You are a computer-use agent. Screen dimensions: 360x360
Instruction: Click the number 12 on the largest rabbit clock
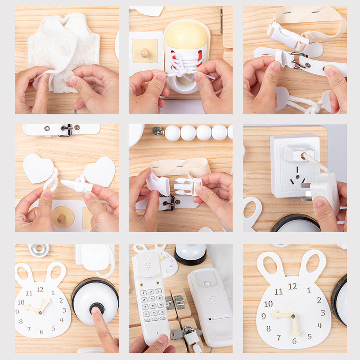click(x=292, y=286)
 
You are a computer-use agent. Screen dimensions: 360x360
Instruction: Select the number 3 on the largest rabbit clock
click(x=323, y=313)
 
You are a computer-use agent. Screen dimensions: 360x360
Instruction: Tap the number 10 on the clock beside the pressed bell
click(x=21, y=302)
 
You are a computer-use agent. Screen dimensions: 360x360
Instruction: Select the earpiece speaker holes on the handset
click(x=147, y=265)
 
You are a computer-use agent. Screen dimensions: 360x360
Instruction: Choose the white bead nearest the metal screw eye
click(x=172, y=133)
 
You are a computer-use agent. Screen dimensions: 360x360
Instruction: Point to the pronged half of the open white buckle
click(x=187, y=186)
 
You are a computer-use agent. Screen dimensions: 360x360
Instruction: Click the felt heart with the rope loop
click(x=38, y=169)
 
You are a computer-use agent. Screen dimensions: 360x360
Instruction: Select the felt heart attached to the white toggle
click(x=100, y=171)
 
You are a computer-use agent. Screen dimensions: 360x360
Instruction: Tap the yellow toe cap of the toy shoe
click(x=186, y=36)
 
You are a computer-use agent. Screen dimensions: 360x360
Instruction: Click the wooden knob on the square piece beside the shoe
click(x=144, y=53)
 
